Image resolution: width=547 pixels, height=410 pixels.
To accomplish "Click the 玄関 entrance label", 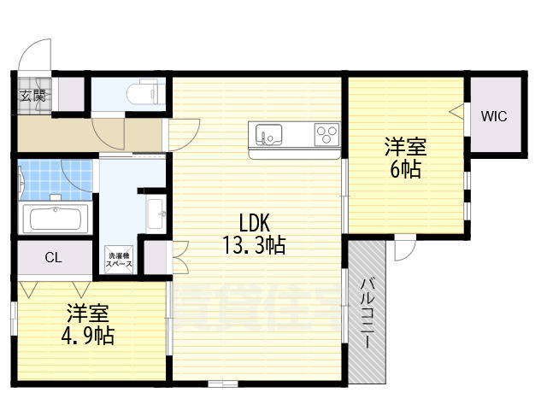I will [33, 95].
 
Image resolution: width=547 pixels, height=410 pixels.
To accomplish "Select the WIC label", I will [493, 115].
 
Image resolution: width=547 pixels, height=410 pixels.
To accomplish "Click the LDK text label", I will [255, 224].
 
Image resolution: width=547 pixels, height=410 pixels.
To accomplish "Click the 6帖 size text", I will [405, 168].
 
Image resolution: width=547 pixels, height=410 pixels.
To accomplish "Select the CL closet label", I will [53, 257].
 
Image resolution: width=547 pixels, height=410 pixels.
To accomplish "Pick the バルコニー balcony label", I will [366, 312].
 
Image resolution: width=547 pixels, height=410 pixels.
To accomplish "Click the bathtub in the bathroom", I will [56, 219].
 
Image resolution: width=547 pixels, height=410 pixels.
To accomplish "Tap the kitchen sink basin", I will [267, 135].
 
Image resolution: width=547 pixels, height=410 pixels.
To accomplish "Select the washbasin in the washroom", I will [156, 213].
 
